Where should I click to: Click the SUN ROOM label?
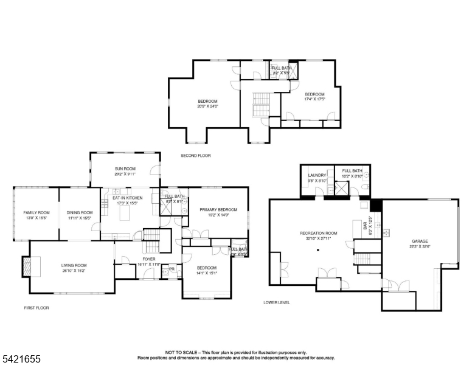(x=125, y=169)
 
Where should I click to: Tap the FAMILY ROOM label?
(x=35, y=212)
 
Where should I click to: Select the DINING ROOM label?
(x=79, y=212)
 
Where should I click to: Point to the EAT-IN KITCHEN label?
(x=127, y=198)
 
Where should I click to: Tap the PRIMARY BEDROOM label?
(x=218, y=209)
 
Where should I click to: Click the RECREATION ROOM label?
(x=318, y=233)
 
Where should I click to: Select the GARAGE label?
(x=420, y=242)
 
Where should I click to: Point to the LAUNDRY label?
(x=318, y=175)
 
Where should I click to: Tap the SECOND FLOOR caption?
(x=195, y=156)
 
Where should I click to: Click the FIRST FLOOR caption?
(x=36, y=308)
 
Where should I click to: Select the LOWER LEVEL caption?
(x=276, y=302)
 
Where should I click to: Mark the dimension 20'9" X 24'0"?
(x=207, y=106)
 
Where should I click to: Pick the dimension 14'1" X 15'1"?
(x=207, y=273)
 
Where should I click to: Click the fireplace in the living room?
(x=26, y=266)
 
